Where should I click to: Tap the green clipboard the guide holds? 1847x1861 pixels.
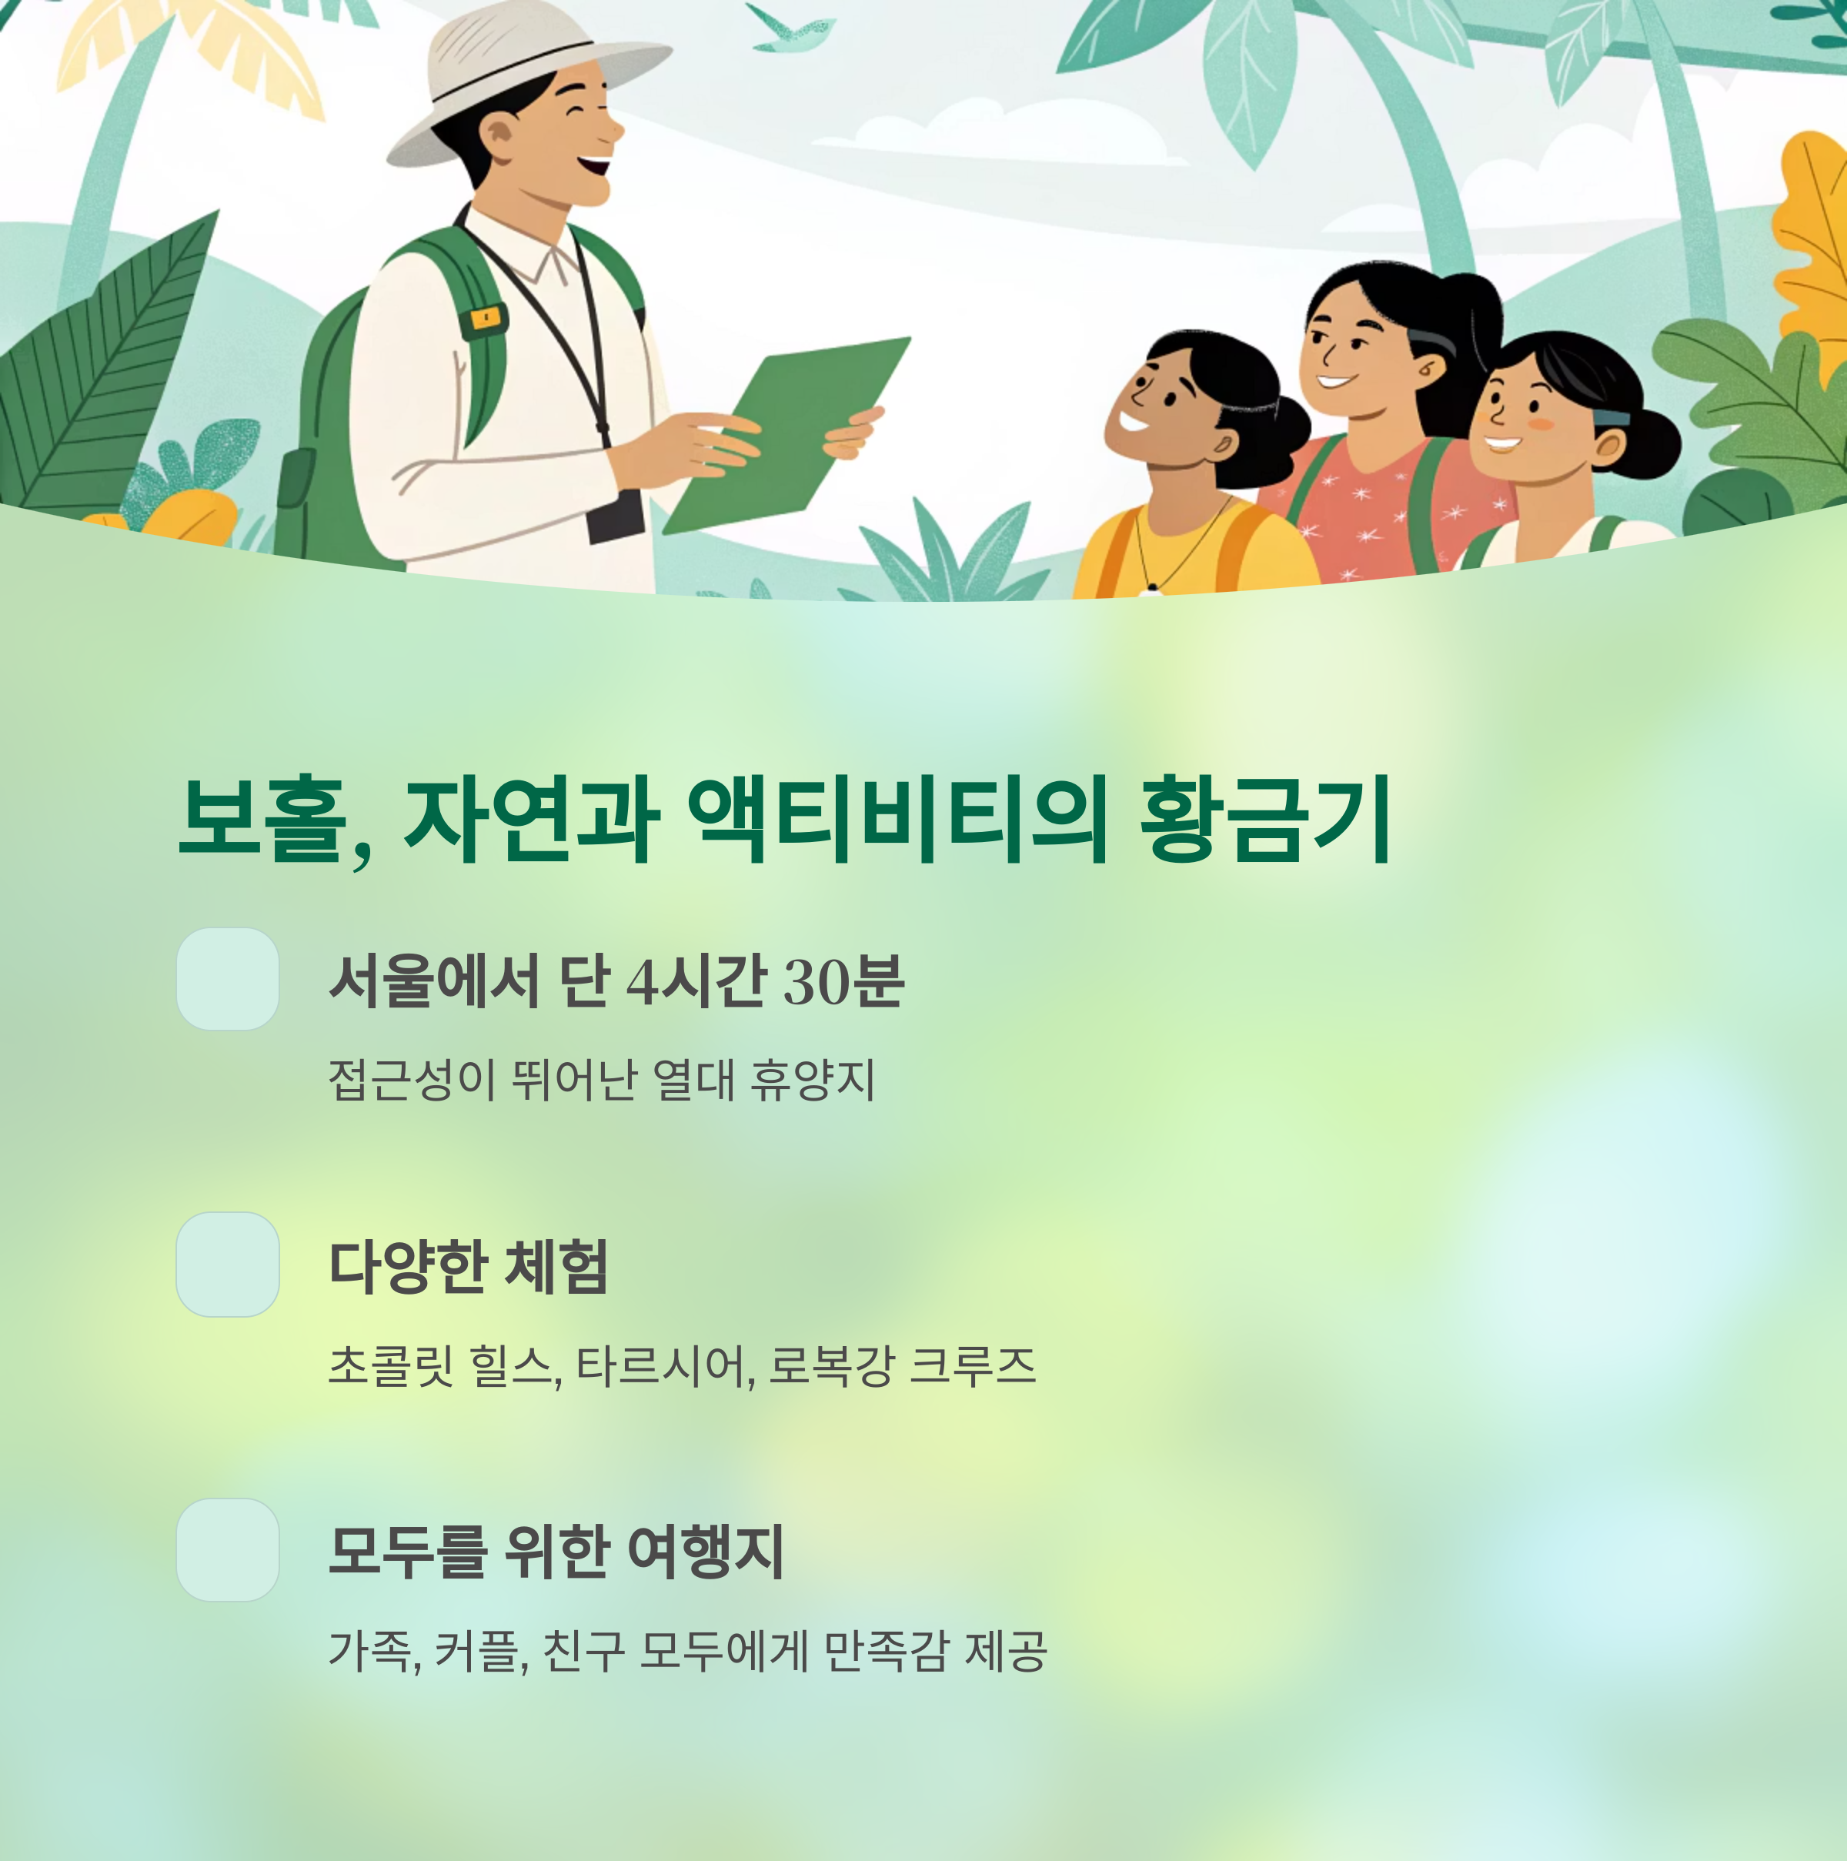pyautogui.click(x=785, y=433)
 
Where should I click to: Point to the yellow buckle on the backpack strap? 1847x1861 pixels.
pyautogui.click(x=483, y=318)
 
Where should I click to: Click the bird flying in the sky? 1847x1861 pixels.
pyautogui.click(x=790, y=33)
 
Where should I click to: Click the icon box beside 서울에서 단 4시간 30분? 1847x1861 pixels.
pyautogui.click(x=227, y=979)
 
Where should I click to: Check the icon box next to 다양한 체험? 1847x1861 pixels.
pyautogui.click(x=227, y=1265)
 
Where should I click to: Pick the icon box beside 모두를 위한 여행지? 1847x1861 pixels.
pyautogui.click(x=227, y=1550)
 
